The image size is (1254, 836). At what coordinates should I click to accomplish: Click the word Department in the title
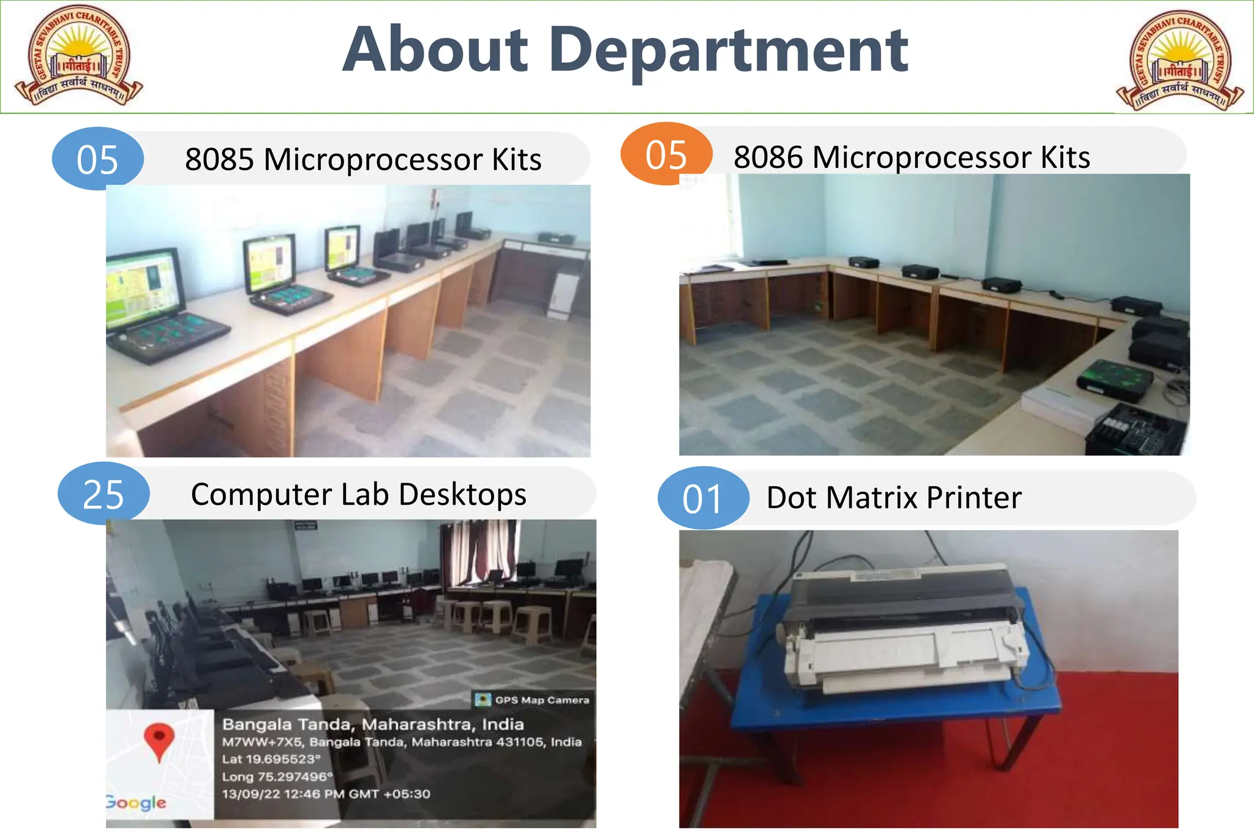click(x=729, y=51)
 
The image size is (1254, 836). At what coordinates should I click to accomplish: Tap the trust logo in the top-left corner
click(x=78, y=56)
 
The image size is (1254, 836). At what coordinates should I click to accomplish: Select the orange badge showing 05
click(x=666, y=154)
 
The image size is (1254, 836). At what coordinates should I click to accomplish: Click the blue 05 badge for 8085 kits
click(x=97, y=159)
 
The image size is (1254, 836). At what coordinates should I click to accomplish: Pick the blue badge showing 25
click(x=103, y=494)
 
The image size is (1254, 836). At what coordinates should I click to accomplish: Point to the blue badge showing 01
click(x=703, y=498)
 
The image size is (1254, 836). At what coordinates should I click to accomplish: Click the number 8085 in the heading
click(x=219, y=159)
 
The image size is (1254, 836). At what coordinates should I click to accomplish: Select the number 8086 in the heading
click(x=768, y=157)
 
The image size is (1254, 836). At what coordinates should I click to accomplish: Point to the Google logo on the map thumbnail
click(x=136, y=802)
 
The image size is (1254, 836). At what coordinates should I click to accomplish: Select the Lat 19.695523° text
click(x=271, y=759)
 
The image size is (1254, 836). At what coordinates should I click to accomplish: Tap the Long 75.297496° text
click(x=277, y=777)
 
